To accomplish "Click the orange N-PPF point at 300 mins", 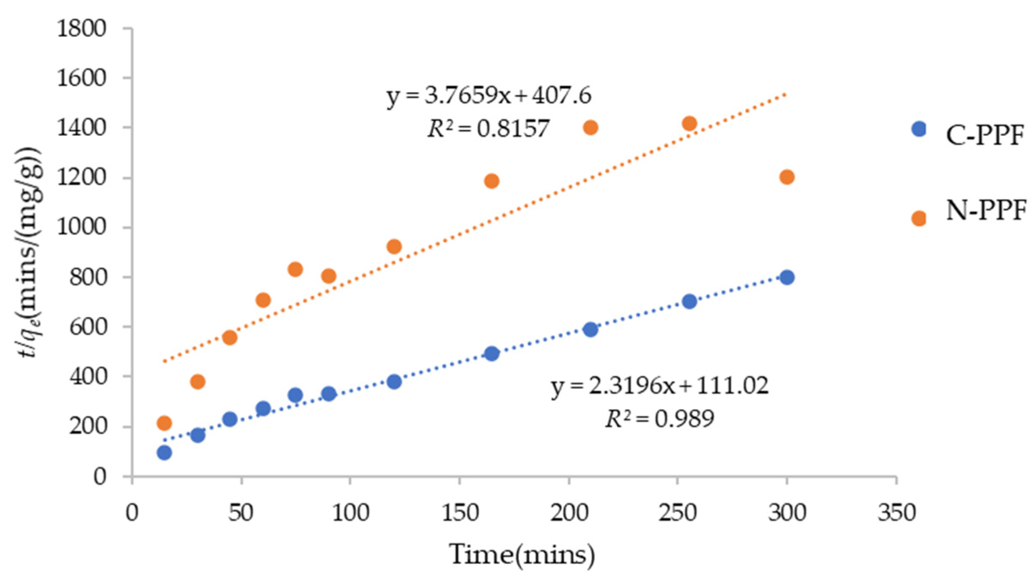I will pyautogui.click(x=786, y=177).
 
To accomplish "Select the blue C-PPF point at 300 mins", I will pyautogui.click(x=786, y=278).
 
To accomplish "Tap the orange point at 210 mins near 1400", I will pyautogui.click(x=590, y=127).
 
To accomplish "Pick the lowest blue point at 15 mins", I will pyautogui.click(x=164, y=453).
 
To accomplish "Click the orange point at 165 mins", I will pyautogui.click(x=492, y=181).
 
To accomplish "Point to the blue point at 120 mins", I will pyautogui.click(x=394, y=381).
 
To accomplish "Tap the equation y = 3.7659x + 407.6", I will pyautogui.click(x=489, y=96).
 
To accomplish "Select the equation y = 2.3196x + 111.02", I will pyautogui.click(x=660, y=386).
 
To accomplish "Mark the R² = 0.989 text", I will pyautogui.click(x=660, y=419).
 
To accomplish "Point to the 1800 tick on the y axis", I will pyautogui.click(x=81, y=29).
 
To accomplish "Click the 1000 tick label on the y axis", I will pyautogui.click(x=81, y=227).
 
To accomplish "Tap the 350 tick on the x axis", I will pyautogui.click(x=896, y=512).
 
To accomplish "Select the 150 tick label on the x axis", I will pyautogui.click(x=460, y=512).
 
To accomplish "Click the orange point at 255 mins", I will pyautogui.click(x=689, y=124).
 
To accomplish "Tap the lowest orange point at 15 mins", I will pyautogui.click(x=164, y=423).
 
